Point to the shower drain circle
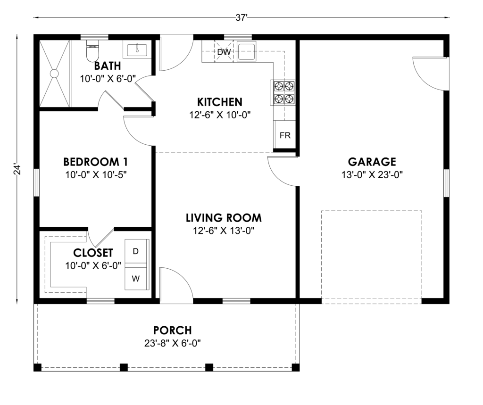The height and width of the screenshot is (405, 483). click(x=54, y=74)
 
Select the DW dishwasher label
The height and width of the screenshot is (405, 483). click(x=224, y=52)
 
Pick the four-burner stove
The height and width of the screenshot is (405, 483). click(x=283, y=92)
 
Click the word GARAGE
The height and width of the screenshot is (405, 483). click(x=372, y=162)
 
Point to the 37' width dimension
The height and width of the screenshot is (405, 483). click(x=241, y=18)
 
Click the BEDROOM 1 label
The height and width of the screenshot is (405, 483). click(x=95, y=162)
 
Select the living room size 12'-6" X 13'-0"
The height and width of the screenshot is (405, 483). click(x=224, y=231)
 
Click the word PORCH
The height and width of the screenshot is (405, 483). click(x=173, y=331)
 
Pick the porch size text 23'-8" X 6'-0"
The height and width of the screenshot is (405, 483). click(x=173, y=343)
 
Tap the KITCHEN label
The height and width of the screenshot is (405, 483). click(x=220, y=102)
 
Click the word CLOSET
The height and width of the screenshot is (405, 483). click(x=93, y=253)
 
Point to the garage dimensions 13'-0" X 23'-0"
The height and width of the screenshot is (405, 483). click(x=372, y=175)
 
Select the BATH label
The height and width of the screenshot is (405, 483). click(x=108, y=66)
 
